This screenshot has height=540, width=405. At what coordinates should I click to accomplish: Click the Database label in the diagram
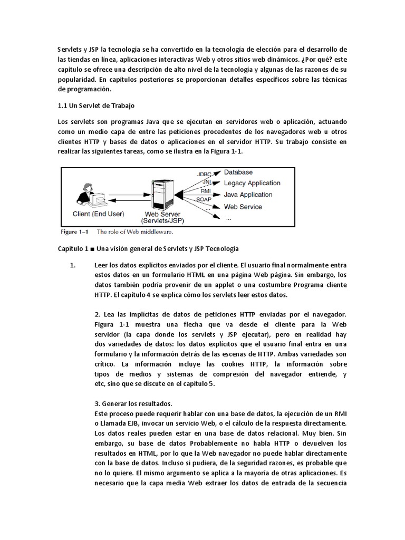(x=238, y=172)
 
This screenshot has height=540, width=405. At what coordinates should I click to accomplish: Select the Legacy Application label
(x=252, y=183)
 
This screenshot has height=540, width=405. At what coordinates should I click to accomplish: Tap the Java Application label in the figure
(x=248, y=195)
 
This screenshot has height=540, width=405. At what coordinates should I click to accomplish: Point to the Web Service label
(x=243, y=207)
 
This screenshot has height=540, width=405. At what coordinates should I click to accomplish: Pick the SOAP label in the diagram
(x=204, y=200)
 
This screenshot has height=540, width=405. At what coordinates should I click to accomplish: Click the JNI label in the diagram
(x=207, y=182)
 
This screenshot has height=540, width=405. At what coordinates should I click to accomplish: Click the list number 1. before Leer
(x=73, y=265)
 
